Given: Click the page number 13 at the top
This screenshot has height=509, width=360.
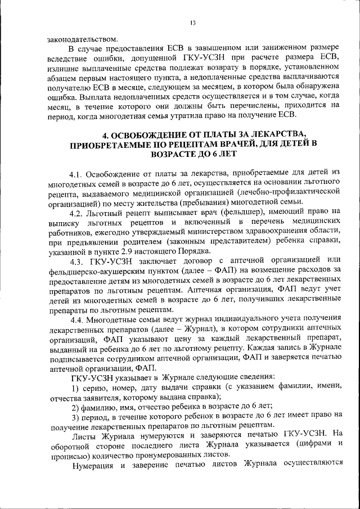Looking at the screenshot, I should click(192, 23).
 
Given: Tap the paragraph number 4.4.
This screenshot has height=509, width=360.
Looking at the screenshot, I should click(76, 318).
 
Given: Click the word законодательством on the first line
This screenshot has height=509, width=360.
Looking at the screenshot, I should click(83, 40).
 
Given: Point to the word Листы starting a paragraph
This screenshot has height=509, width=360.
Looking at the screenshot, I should click(84, 434).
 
